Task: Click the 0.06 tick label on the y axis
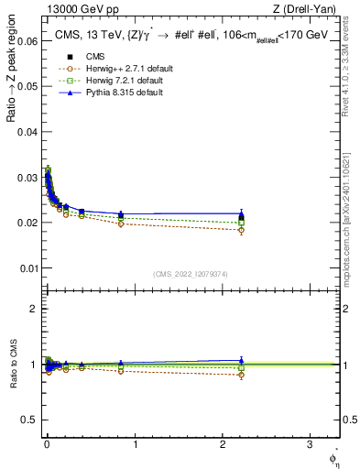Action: (x=25, y=41)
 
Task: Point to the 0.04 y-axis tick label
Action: (x=25, y=132)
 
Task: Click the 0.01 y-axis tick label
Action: (x=25, y=267)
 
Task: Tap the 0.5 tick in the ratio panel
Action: (x=29, y=420)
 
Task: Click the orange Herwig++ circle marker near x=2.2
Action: (x=241, y=230)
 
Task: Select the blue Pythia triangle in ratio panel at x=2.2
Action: (x=241, y=361)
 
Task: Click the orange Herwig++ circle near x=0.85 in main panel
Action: (x=121, y=224)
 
